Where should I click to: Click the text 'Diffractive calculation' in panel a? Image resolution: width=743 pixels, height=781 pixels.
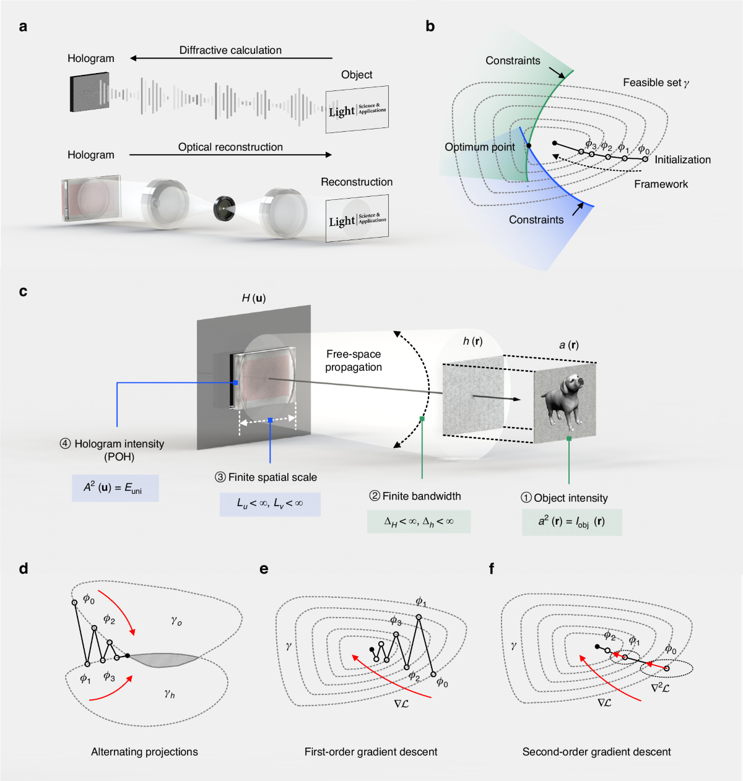point(230,50)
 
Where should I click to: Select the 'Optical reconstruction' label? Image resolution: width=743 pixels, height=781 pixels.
point(230,147)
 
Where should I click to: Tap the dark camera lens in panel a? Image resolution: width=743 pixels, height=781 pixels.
point(224,209)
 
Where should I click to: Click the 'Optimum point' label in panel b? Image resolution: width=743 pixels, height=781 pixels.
point(480,147)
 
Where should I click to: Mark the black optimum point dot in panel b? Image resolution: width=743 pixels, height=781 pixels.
point(529,146)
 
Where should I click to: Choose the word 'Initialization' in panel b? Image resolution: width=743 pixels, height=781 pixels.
point(682,160)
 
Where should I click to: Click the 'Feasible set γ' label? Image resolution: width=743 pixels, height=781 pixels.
point(656,83)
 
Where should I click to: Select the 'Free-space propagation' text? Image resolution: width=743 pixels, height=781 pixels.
point(354,360)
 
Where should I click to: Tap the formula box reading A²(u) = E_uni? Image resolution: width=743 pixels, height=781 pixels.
point(115,488)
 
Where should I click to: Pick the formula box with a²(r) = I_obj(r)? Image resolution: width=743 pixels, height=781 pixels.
point(571,522)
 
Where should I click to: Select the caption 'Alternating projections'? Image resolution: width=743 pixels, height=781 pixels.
point(144,752)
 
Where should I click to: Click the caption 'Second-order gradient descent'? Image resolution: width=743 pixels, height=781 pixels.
point(596,752)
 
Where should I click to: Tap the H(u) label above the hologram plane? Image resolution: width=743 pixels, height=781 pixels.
point(253,298)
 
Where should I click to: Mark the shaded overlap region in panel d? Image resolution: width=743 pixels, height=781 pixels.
point(163,660)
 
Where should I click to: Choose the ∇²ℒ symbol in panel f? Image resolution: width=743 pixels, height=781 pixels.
point(660,688)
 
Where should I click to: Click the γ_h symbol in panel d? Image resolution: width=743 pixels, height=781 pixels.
point(170,694)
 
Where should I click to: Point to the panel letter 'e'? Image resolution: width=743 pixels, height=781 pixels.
point(264,569)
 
